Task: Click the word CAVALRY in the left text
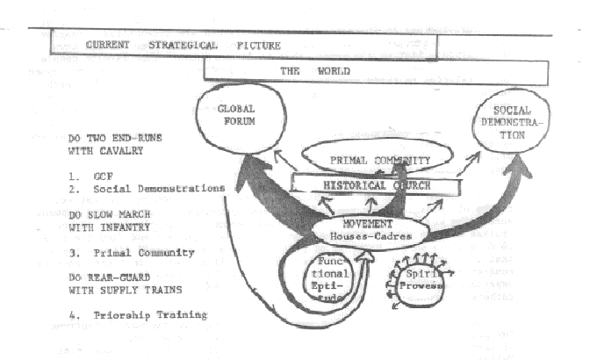click(x=126, y=150)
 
